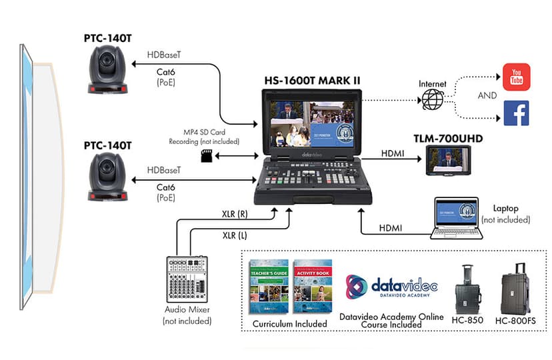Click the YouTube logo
click(517, 77)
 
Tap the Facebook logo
click(517, 113)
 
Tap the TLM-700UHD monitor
click(448, 160)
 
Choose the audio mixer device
click(186, 280)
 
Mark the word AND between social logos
click(487, 95)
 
